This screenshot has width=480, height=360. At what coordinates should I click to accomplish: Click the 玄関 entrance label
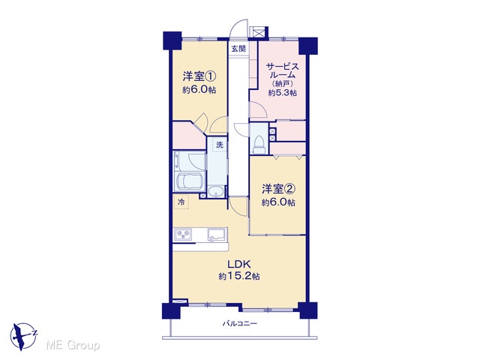point(238,48)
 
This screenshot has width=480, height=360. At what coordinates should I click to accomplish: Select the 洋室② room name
point(278,189)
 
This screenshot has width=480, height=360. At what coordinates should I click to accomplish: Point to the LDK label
point(239,263)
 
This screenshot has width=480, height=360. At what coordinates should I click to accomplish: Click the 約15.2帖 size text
point(239,277)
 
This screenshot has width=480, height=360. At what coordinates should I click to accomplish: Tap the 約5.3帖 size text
point(282,93)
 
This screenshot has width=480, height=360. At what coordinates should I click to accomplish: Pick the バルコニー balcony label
point(240,323)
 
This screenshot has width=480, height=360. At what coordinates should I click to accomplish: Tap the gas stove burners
point(183,235)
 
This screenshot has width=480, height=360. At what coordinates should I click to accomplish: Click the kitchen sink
point(217,235)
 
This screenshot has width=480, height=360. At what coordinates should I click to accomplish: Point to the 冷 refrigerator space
point(181,202)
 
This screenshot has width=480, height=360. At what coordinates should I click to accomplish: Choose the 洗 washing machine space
point(219,145)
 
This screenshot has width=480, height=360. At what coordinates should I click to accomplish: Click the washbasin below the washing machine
point(217,192)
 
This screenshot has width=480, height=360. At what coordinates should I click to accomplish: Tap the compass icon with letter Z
point(23,336)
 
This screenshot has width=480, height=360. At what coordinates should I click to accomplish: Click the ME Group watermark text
point(73,346)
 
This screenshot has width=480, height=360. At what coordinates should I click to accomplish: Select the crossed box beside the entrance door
point(257,31)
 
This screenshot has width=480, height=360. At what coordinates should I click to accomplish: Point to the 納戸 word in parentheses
point(283,83)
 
